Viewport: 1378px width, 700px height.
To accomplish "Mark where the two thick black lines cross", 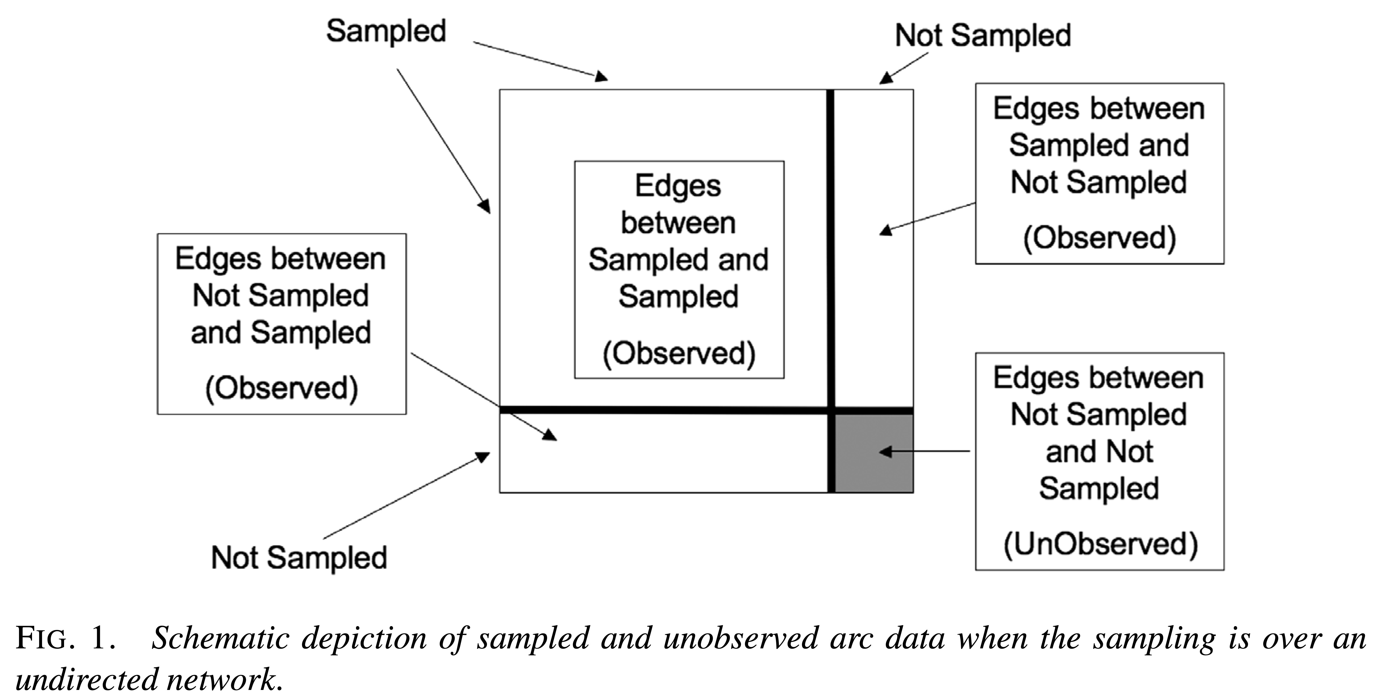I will pyautogui.click(x=831, y=410).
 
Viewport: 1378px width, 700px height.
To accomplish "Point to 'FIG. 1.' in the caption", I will pyautogui.click(x=65, y=638).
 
